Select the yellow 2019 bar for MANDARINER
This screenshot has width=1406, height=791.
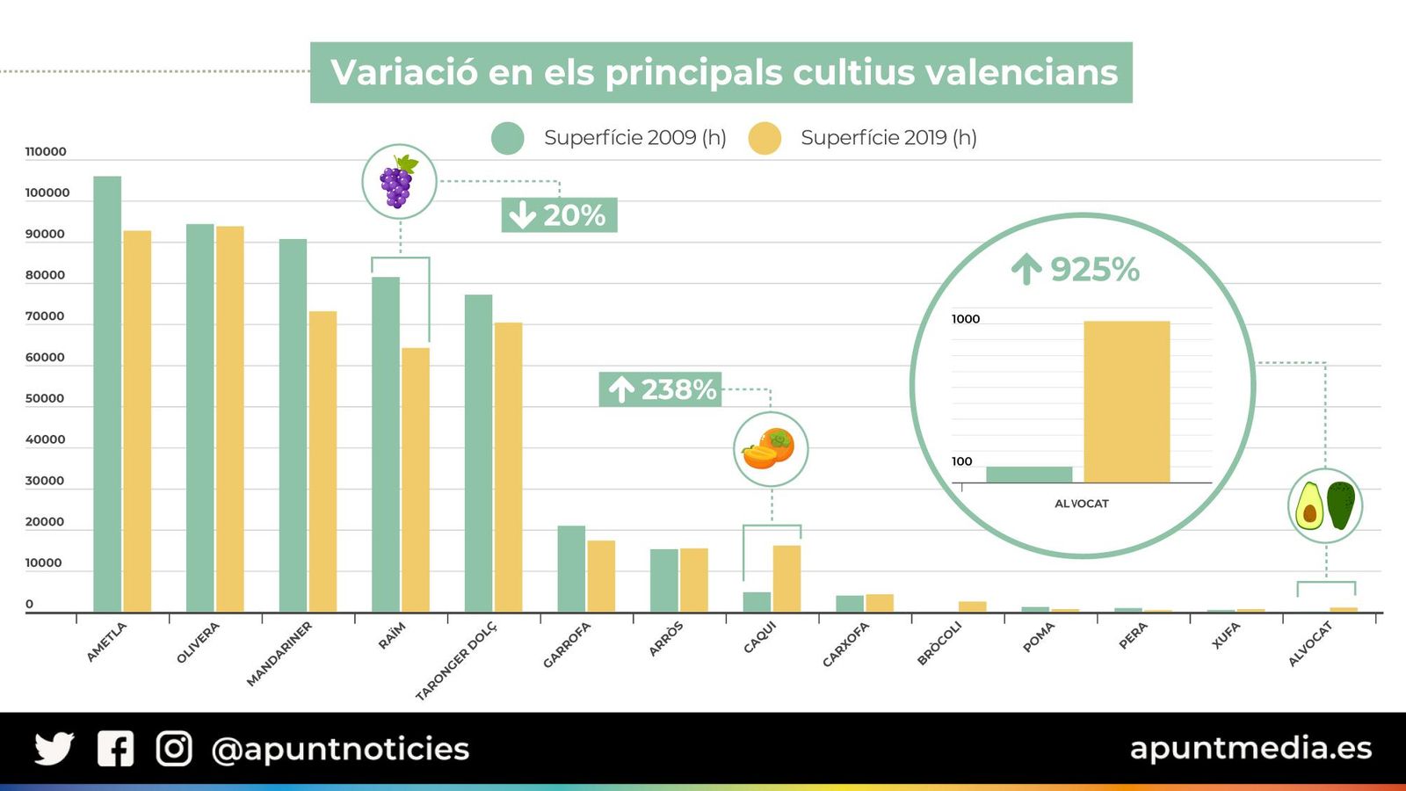(x=323, y=461)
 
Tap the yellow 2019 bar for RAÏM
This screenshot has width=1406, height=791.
(x=416, y=480)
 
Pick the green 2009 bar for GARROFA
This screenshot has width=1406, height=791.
(x=571, y=569)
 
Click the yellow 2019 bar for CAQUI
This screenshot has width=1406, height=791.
(x=786, y=578)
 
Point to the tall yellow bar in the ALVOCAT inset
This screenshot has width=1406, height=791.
(x=1127, y=402)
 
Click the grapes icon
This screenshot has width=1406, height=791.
(x=399, y=182)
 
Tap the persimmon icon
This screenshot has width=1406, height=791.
(x=770, y=449)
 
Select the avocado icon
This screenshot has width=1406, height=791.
(x=1325, y=505)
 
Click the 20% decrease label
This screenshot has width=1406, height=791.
(x=559, y=215)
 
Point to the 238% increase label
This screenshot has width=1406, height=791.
(x=661, y=389)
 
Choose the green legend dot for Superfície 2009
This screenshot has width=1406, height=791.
(x=508, y=138)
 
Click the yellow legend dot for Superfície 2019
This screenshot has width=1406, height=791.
(x=765, y=138)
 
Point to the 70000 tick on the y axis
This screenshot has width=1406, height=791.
(x=45, y=316)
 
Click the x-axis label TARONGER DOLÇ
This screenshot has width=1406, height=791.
(x=456, y=660)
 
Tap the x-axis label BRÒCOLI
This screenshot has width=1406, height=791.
(x=939, y=643)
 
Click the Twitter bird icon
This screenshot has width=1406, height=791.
(x=54, y=749)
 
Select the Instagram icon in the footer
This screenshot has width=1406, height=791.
(x=174, y=749)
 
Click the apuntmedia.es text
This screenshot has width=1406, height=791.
(x=1250, y=748)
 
